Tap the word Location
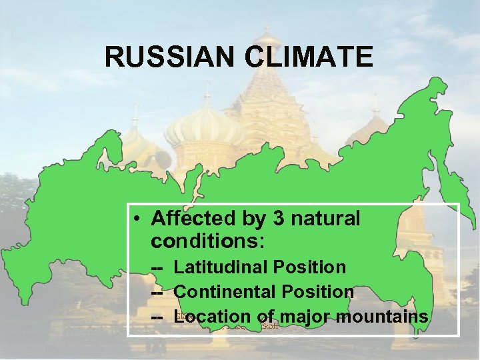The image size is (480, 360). point(211,316)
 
